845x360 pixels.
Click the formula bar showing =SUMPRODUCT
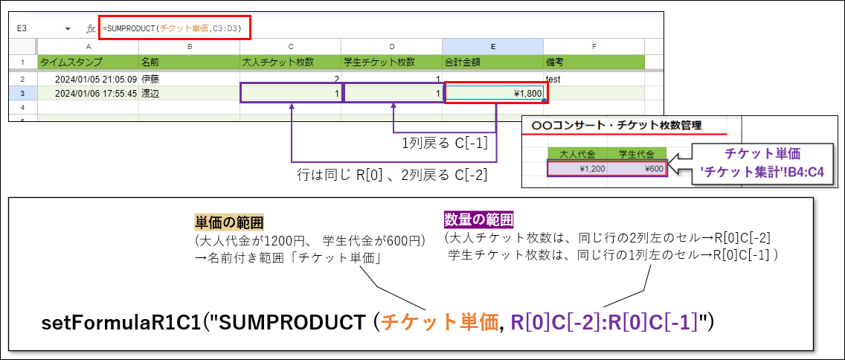tap(175, 28)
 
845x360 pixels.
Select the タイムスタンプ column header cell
tap(88, 62)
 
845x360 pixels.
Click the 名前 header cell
tap(189, 62)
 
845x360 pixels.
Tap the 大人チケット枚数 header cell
tap(290, 62)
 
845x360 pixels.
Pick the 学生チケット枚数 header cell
tap(391, 62)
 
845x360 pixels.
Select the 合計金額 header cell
tap(492, 62)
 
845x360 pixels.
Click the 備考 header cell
tap(594, 62)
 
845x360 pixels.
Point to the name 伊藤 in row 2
tap(150, 80)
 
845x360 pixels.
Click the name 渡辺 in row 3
tap(150, 93)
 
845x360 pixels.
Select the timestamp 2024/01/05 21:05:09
tap(96, 80)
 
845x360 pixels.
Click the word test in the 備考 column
tap(553, 80)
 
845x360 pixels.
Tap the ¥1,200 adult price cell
tap(577, 169)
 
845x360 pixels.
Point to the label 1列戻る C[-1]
tap(445, 144)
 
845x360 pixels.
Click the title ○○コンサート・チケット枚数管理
tap(617, 126)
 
